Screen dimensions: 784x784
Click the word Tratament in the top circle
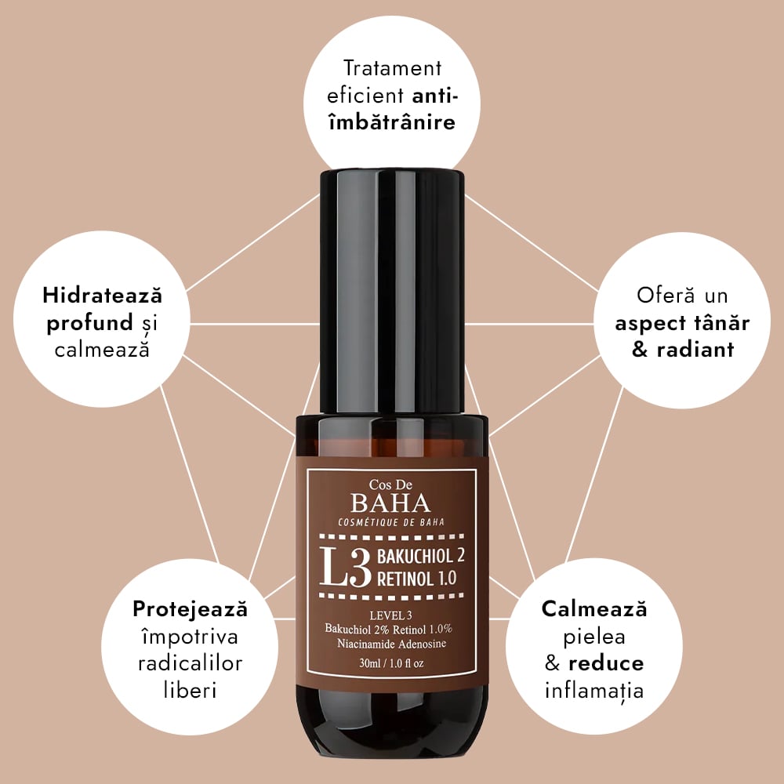[x=393, y=68]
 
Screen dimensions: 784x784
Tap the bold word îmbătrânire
[x=393, y=122]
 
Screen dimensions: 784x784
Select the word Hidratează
[x=103, y=295]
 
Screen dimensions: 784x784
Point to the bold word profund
[x=89, y=324]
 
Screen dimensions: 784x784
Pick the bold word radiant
[x=695, y=350]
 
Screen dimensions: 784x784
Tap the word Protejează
[x=190, y=609]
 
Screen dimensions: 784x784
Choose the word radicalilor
[x=190, y=663]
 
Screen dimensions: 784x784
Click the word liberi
[x=190, y=691]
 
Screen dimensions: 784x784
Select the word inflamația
[x=594, y=691]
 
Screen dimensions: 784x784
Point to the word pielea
[x=594, y=637]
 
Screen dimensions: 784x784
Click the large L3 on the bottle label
[x=345, y=568]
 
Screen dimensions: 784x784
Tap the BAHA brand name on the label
[x=390, y=503]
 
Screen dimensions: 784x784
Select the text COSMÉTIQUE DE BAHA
[x=391, y=522]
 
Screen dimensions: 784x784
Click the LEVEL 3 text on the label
[x=391, y=615]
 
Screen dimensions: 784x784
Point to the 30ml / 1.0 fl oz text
[x=391, y=663]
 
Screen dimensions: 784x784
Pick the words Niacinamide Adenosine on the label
[x=391, y=644]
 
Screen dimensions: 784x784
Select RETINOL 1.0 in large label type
[x=416, y=579]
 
